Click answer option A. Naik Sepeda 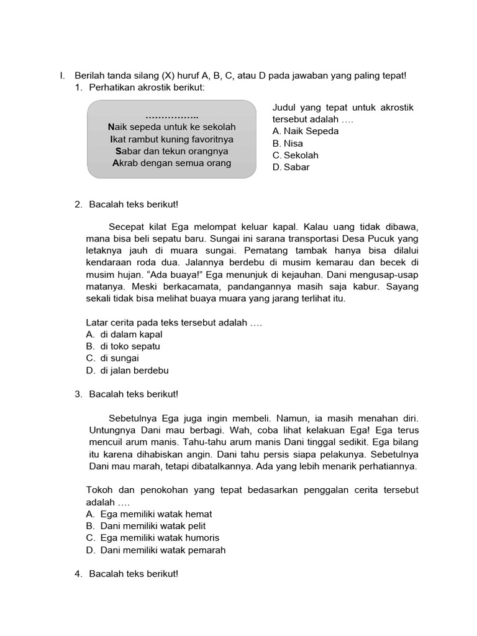[305, 131]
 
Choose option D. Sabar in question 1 [291, 167]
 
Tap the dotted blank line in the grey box [171, 116]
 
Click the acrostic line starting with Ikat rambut [171, 139]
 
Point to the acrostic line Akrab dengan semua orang [171, 163]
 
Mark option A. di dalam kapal [124, 335]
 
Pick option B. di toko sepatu [124, 347]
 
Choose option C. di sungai [112, 358]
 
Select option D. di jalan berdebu [127, 371]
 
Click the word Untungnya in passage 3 [109, 430]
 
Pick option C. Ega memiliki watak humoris [153, 538]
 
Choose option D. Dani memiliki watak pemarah [156, 550]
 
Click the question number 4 [78, 574]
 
